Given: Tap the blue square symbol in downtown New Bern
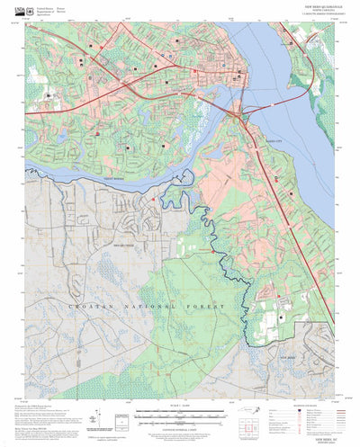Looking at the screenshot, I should coord(240,74).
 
